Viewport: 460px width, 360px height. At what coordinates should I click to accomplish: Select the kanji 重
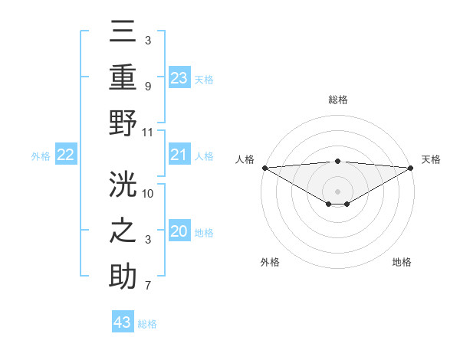[x=123, y=77]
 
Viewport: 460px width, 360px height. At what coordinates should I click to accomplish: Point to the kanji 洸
[x=123, y=186]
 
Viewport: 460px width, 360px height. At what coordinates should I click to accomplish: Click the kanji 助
[x=123, y=276]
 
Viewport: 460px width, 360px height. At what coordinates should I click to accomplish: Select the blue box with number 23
[x=179, y=78]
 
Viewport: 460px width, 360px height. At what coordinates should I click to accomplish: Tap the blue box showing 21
[x=179, y=155]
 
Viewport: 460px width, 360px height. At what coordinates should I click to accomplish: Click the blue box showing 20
[x=179, y=232]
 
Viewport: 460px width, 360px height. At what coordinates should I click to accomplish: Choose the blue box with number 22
[x=66, y=155]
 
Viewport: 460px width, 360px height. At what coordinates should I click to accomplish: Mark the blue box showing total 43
[x=123, y=322]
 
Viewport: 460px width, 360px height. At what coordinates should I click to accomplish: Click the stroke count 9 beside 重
[x=148, y=86]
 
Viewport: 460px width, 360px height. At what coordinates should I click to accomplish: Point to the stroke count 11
[x=148, y=132]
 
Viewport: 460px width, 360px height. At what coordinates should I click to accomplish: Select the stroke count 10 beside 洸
[x=148, y=193]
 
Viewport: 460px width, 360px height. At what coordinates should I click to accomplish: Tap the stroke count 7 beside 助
[x=148, y=286]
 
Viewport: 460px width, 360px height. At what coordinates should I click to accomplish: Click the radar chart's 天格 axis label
[x=431, y=159]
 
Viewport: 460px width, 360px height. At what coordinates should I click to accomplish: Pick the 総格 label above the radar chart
[x=338, y=100]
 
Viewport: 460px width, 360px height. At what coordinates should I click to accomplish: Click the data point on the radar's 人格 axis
[x=264, y=168]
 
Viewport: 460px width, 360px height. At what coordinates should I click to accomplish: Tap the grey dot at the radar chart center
[x=338, y=191]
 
